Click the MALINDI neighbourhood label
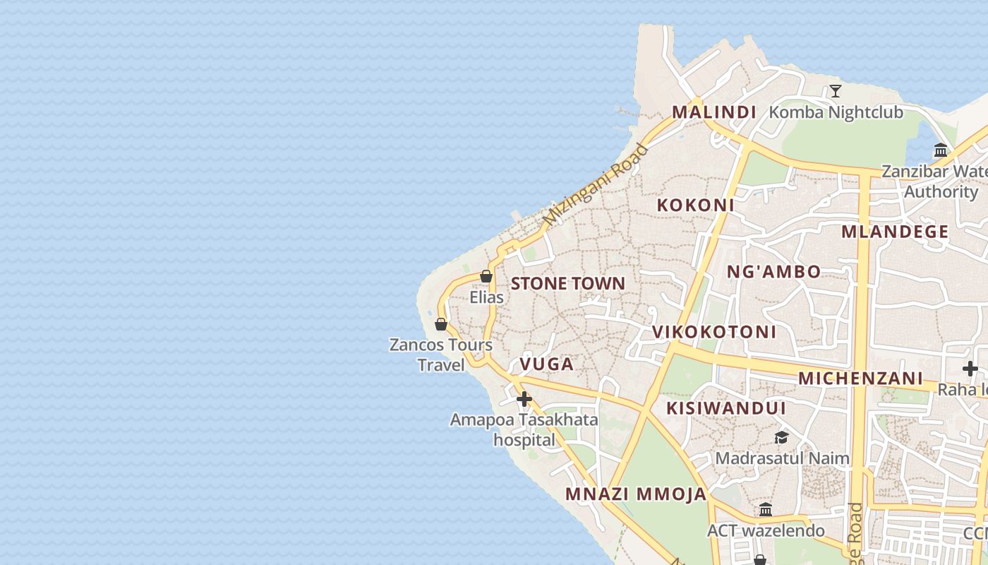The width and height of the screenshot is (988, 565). (x=713, y=112)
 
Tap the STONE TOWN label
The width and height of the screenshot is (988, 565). (x=567, y=283)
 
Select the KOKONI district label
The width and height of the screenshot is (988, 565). (x=695, y=205)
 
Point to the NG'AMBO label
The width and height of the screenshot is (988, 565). (x=773, y=271)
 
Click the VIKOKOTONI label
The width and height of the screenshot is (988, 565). (x=713, y=331)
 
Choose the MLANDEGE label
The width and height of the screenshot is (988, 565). (x=895, y=232)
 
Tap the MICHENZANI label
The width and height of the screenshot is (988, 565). (x=860, y=378)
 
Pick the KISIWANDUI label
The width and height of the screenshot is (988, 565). (x=725, y=408)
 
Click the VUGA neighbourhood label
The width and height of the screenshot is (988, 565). (x=546, y=364)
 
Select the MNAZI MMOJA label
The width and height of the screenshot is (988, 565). (x=635, y=494)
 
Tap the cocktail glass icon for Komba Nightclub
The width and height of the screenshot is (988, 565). (x=836, y=90)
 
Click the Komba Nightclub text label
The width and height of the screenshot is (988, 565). (x=836, y=112)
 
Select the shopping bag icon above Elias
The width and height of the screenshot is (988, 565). (x=486, y=276)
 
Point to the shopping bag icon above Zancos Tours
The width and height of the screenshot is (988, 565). (x=441, y=324)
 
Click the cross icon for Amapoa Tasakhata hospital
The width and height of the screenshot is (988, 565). (x=524, y=399)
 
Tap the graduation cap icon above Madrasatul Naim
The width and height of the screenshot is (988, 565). (x=781, y=437)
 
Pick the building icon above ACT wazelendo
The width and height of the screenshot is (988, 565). (x=766, y=509)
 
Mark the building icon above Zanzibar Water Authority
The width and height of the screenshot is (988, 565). (x=940, y=150)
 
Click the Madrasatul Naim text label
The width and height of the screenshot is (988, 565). (x=782, y=458)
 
